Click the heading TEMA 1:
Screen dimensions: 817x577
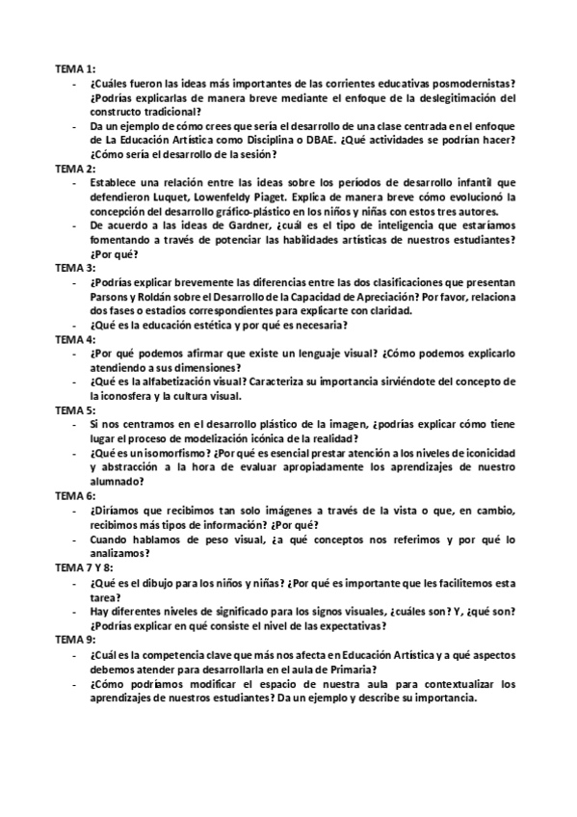(x=74, y=70)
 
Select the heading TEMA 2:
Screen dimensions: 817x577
(x=74, y=168)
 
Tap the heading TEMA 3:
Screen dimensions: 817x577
(x=74, y=267)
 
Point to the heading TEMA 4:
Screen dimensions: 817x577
(x=74, y=339)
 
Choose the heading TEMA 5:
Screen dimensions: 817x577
(x=74, y=408)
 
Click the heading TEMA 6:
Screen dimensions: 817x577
(x=74, y=495)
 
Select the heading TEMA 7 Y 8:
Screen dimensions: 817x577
(x=85, y=567)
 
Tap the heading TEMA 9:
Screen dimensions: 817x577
(x=74, y=639)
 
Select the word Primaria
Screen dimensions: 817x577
(x=350, y=669)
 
